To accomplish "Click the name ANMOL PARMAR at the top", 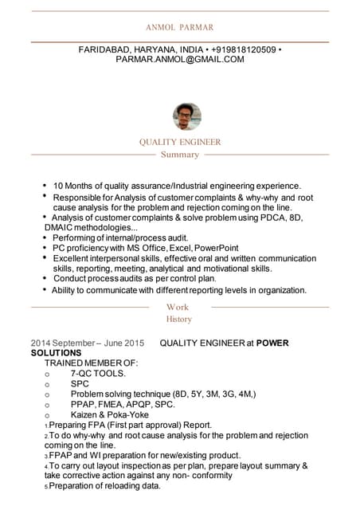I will click(x=179, y=26).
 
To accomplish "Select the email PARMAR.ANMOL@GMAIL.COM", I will click(x=179, y=59).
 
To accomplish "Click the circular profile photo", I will click(x=186, y=117).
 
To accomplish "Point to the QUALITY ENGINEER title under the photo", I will click(x=179, y=142).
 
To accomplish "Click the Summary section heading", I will click(x=179, y=155).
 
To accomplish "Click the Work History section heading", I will click(x=178, y=313).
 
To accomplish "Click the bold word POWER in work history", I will click(x=272, y=343).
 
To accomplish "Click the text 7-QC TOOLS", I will click(x=98, y=373).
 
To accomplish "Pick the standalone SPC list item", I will click(x=80, y=383).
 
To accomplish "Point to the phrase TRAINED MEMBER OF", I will click(x=91, y=363).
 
